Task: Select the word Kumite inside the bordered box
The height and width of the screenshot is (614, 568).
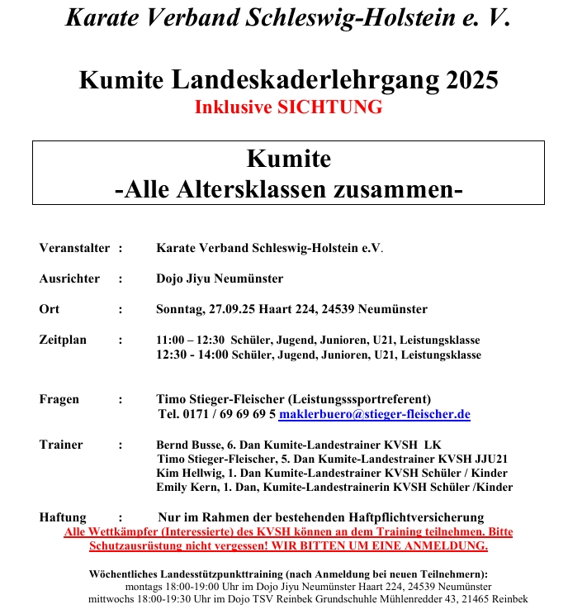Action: click(x=288, y=158)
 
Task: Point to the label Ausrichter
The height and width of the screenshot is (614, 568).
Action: click(x=69, y=278)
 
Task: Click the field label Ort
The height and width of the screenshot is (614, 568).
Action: click(x=50, y=309)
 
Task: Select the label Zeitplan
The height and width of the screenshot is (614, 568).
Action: click(x=63, y=340)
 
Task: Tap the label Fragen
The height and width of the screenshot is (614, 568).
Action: click(x=59, y=399)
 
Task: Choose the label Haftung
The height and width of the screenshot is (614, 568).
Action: click(x=63, y=516)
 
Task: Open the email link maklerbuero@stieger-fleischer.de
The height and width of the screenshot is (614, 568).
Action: click(x=374, y=414)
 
